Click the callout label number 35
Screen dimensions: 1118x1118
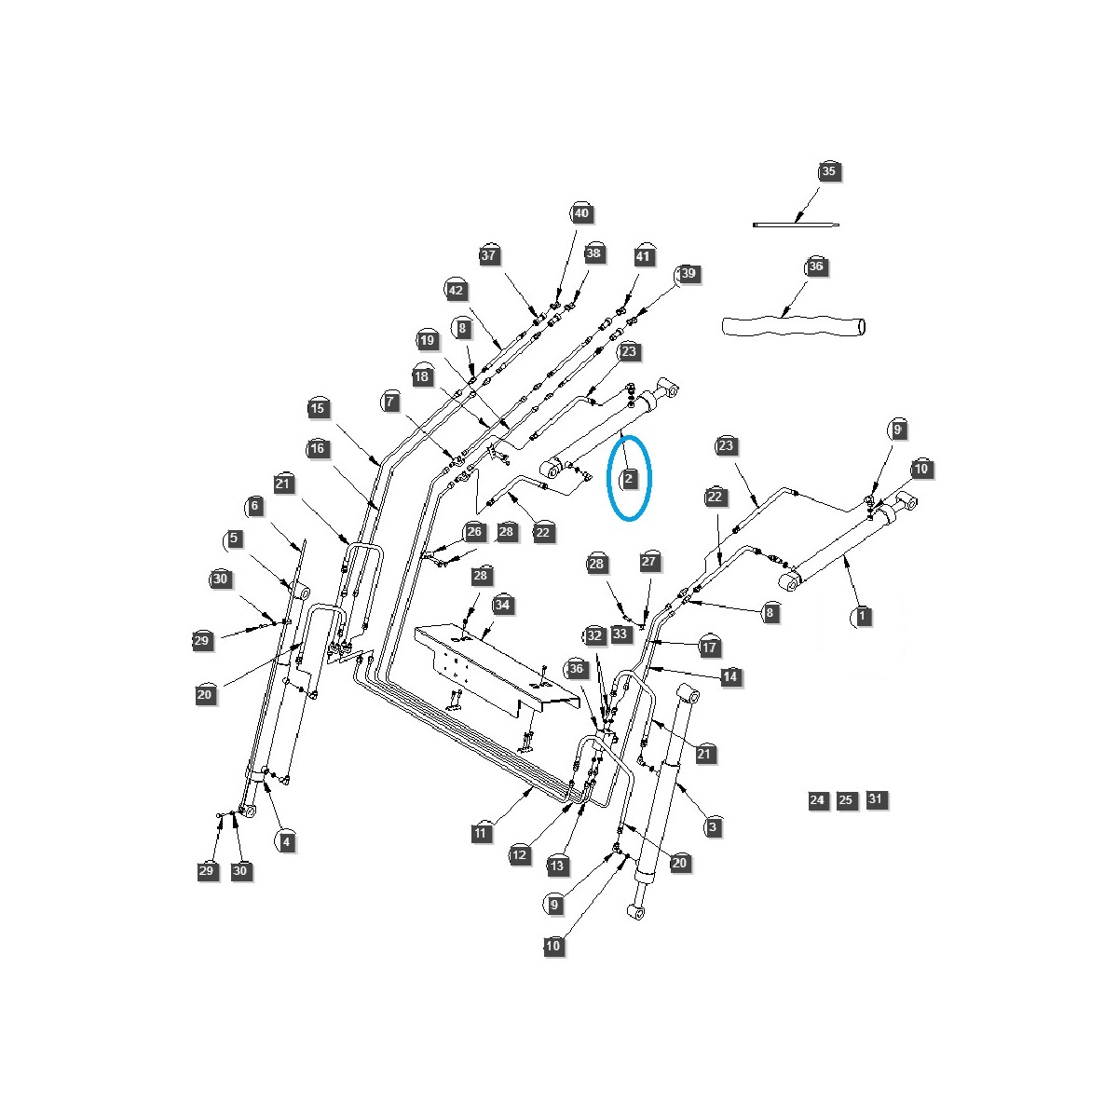coord(829,171)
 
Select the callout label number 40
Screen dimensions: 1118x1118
coord(581,213)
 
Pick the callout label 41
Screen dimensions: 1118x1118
coord(645,256)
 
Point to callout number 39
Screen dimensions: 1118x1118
coord(688,274)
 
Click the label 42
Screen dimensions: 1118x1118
coord(456,291)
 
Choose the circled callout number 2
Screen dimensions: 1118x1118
coord(629,479)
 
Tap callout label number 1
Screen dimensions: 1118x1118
coord(863,616)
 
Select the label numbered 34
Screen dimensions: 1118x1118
coord(503,606)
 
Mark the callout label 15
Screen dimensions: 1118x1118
coord(318,408)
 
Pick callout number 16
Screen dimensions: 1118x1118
coord(318,449)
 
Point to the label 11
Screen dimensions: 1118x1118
coord(481,833)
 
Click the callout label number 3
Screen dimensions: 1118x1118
coord(713,826)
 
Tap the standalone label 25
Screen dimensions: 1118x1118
coord(846,800)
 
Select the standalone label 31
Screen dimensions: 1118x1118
coord(876,799)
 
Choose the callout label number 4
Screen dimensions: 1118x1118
coord(286,841)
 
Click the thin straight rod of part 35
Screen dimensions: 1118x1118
coord(796,225)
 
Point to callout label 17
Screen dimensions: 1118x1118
coord(710,648)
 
